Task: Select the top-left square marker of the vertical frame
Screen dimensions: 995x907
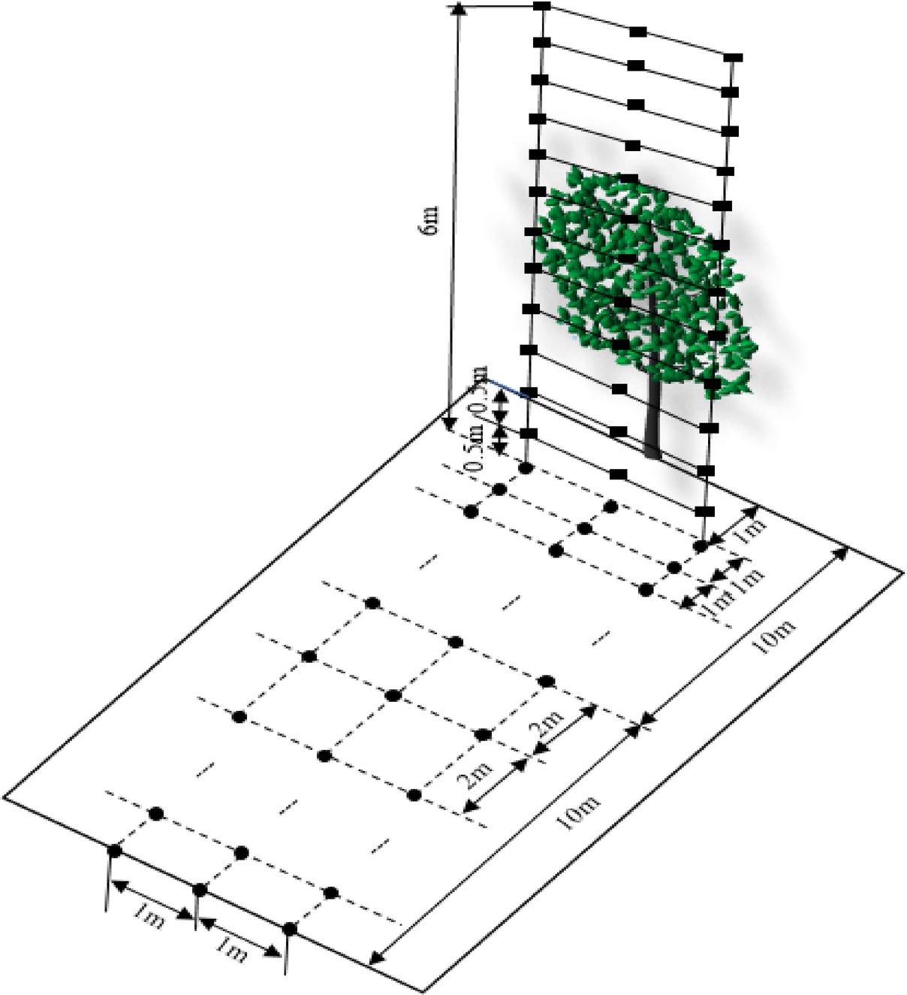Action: (x=542, y=7)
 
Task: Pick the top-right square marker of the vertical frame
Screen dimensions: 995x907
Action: (x=734, y=57)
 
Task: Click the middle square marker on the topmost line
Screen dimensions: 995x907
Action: (x=638, y=32)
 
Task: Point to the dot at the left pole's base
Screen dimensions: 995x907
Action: (x=526, y=467)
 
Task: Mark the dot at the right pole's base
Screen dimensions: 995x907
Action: (x=701, y=546)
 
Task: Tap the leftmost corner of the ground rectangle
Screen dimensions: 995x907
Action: (x=5, y=795)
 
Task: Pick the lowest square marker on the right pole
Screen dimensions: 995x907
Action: (x=703, y=511)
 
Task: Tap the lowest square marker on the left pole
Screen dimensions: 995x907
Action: (x=529, y=434)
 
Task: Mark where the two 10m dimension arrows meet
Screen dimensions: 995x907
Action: (x=643, y=725)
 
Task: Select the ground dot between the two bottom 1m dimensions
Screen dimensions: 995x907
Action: (x=200, y=890)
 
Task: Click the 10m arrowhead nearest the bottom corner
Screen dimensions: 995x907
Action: (x=376, y=959)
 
